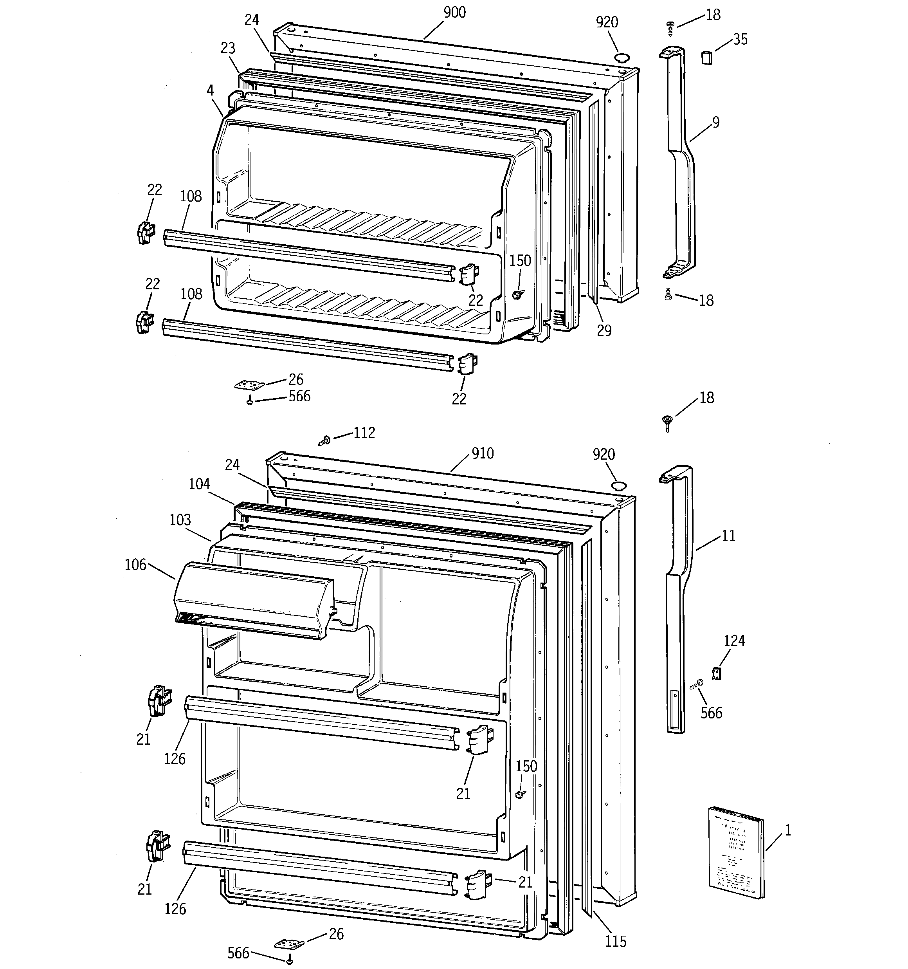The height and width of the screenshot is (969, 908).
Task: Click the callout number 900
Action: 454,12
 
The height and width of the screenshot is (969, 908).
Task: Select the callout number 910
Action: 483,453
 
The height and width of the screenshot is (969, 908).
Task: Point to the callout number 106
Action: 135,565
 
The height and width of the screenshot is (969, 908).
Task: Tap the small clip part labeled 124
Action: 717,673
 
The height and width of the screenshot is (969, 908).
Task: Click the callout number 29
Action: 604,330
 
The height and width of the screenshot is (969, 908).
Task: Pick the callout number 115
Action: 615,941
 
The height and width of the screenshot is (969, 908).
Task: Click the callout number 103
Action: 180,520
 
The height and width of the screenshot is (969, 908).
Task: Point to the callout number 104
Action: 199,484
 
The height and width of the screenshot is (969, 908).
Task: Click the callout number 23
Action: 228,48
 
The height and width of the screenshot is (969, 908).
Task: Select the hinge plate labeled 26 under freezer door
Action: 250,385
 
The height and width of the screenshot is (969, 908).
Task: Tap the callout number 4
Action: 210,90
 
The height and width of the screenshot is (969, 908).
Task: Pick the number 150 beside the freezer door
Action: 520,260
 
